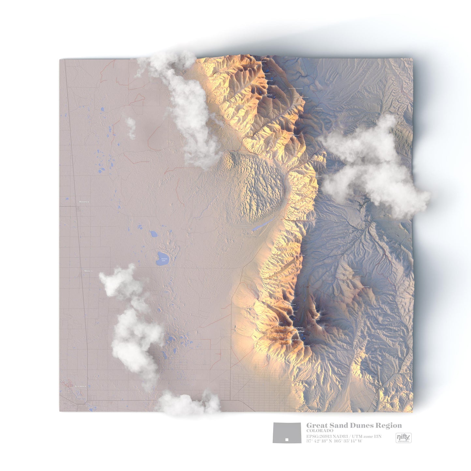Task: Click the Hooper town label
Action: pos(84,202)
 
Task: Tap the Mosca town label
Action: pos(88,271)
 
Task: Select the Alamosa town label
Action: pos(80,386)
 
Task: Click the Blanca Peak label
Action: pos(298,331)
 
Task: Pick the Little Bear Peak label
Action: pos(291,340)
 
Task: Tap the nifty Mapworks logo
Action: pos(404,438)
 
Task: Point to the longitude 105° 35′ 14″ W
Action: pos(348,441)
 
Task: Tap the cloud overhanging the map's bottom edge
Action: pos(187,405)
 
